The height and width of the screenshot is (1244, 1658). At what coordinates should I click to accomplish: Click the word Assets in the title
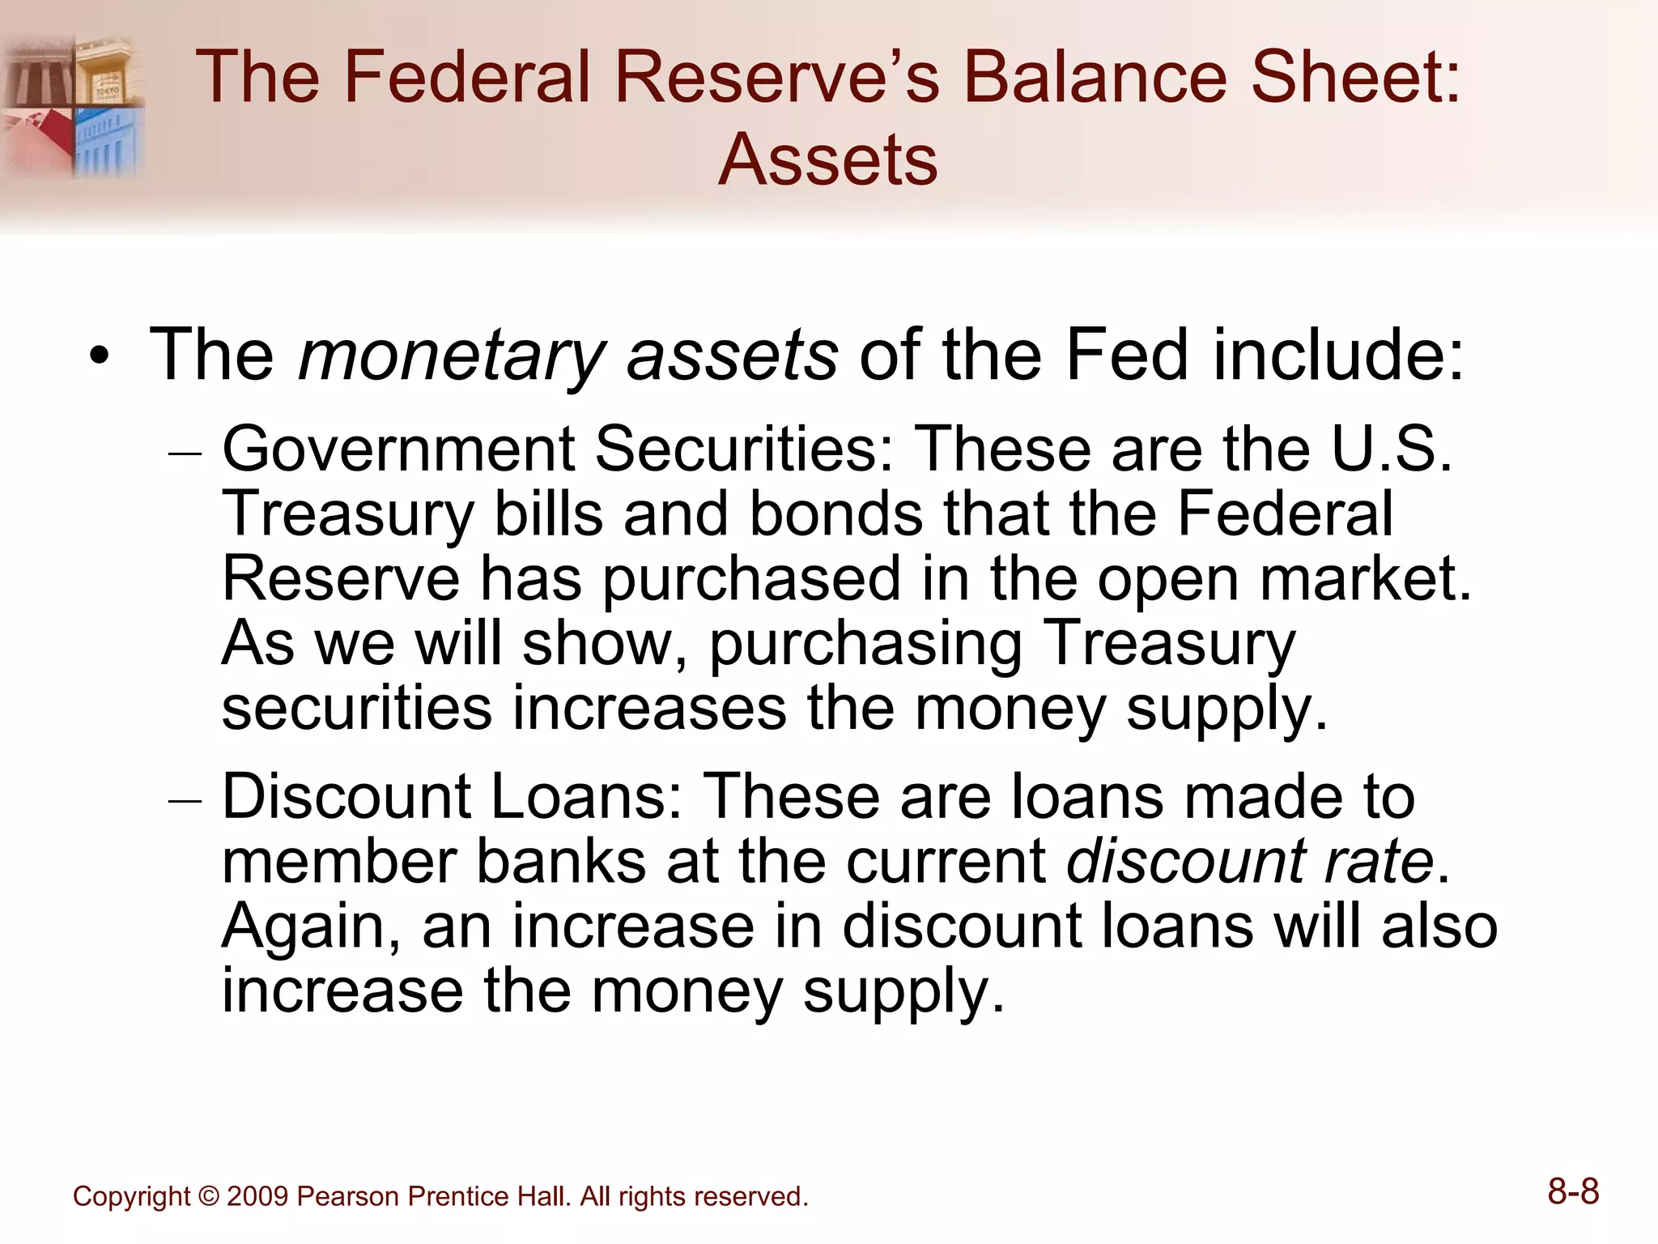coord(827,160)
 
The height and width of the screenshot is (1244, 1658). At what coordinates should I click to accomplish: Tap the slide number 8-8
coord(1573,1192)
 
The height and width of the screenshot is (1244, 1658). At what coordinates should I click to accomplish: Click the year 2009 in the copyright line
coord(257,1196)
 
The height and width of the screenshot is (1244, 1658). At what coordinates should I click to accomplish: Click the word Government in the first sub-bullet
coord(398,449)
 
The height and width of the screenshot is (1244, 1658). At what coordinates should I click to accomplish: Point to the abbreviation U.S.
coord(1392,449)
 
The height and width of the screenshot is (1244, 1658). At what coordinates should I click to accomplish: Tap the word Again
coord(312,927)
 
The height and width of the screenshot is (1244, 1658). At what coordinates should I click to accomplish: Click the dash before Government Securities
coord(185,454)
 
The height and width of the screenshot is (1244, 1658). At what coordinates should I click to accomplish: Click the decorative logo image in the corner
coord(73,105)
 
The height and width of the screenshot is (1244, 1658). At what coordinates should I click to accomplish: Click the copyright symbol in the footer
coord(208,1196)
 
